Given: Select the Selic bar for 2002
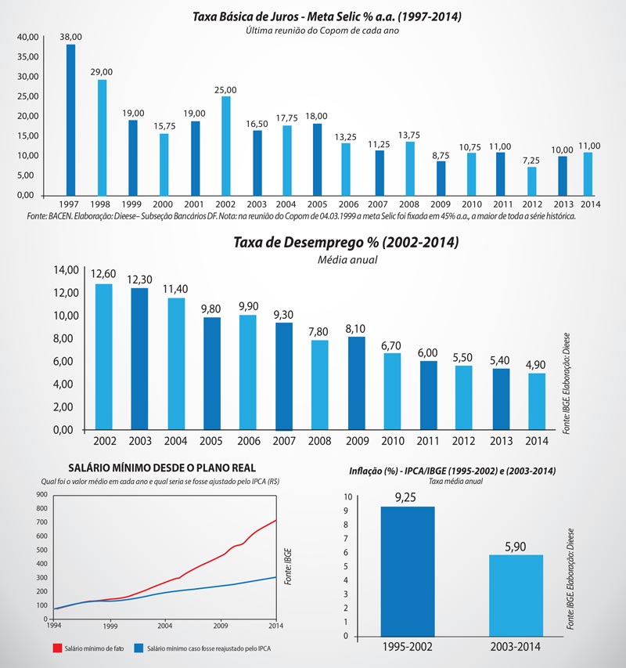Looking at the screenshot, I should pos(226,145).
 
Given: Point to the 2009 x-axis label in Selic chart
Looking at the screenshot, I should pos(441,204).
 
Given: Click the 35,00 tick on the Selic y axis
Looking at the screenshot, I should pos(27,57).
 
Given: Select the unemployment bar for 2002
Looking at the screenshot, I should pos(104,356).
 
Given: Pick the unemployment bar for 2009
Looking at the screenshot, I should pos(357,383).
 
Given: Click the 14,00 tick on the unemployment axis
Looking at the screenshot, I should pos(65,270).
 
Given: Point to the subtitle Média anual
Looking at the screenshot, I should pos(346,259).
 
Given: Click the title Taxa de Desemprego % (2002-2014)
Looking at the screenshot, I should pos(346,243).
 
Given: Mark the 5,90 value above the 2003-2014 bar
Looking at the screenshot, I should pos(516,546).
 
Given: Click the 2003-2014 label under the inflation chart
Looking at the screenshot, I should pos(515,648).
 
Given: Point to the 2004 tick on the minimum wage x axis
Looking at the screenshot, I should pos(166,626).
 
